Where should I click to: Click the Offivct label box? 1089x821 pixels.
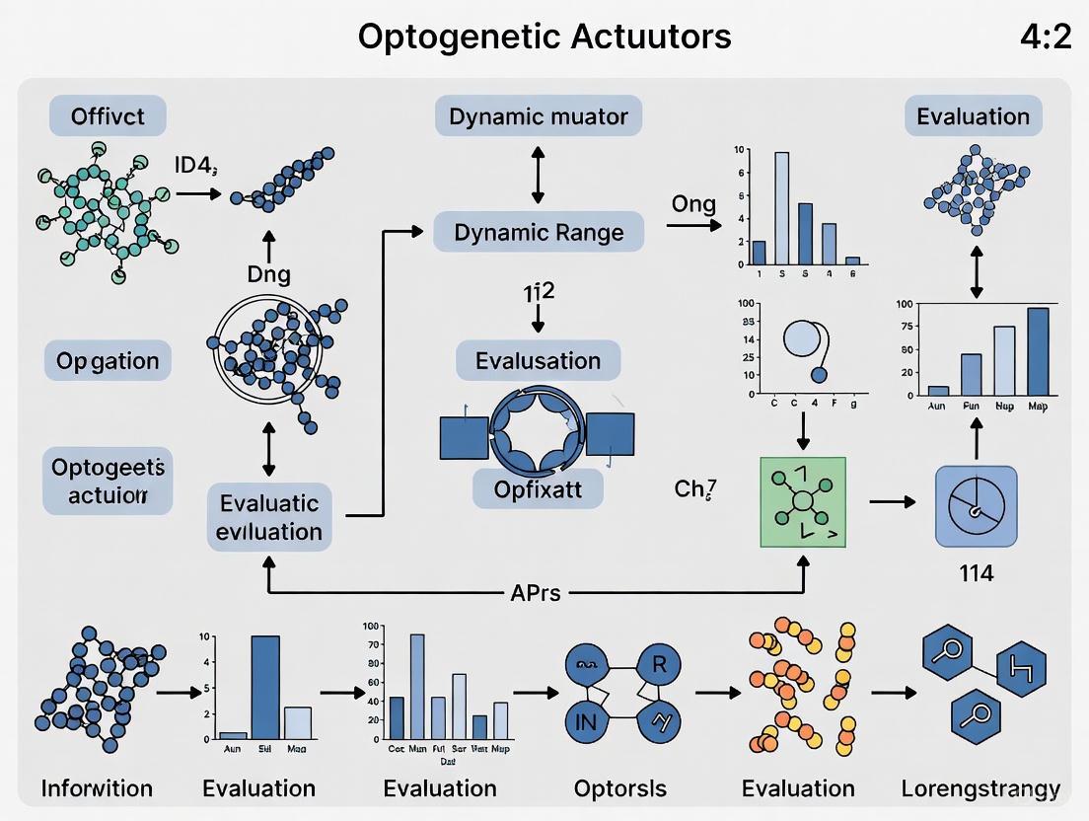tap(108, 116)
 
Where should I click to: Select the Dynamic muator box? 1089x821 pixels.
tap(539, 116)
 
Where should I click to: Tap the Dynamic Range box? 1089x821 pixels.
tap(539, 233)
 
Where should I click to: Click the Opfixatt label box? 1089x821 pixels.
tap(538, 487)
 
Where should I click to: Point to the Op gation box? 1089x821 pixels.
tap(108, 360)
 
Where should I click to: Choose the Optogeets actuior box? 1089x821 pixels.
tap(108, 481)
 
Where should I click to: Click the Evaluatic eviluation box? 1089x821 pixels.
tap(269, 517)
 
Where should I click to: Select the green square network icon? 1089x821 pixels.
tap(803, 501)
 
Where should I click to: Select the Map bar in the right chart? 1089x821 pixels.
tap(1038, 351)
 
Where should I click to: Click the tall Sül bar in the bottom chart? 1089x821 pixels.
tap(265, 687)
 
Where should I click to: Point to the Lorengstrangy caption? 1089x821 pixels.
tap(980, 788)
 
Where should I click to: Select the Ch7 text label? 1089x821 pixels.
tap(694, 487)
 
